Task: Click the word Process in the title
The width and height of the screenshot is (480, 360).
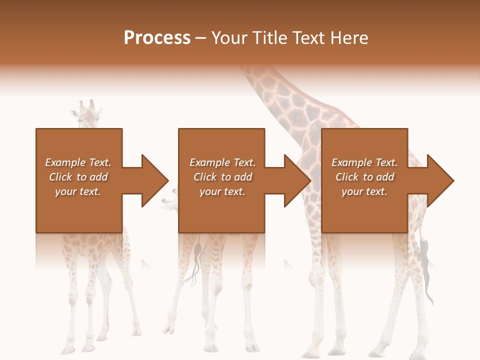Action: click(x=157, y=38)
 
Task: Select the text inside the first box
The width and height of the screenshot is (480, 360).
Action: click(x=78, y=177)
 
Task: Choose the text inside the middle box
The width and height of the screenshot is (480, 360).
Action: click(x=222, y=177)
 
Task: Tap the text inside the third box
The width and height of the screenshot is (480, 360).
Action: click(x=364, y=177)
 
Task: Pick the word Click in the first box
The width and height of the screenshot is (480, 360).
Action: click(x=61, y=177)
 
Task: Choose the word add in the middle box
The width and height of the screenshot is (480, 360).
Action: click(x=243, y=177)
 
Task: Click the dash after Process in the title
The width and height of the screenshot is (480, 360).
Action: click(x=201, y=38)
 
